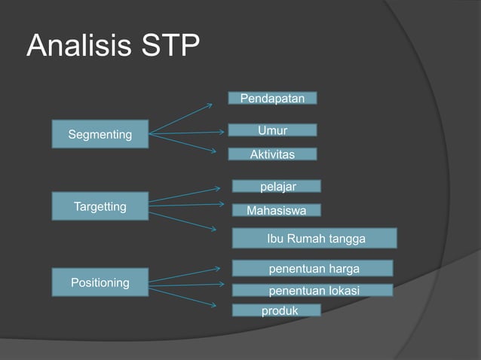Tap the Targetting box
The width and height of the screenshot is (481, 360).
coord(100,206)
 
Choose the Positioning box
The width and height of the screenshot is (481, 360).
coord(100,282)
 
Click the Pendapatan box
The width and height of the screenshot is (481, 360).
coord(272,98)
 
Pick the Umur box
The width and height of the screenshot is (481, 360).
coord(272,130)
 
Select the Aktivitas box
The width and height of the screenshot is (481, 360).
coord(272,154)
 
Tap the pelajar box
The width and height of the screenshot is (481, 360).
coord(276,186)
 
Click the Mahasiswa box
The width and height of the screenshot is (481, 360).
coord(276,211)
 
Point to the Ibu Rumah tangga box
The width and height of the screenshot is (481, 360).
coord(314,239)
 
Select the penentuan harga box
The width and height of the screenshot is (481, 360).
coord(312,269)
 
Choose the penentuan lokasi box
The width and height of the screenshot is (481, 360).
coord(312,291)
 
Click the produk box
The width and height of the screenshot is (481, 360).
coord(276,310)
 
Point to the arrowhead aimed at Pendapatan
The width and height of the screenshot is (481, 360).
coord(210,104)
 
